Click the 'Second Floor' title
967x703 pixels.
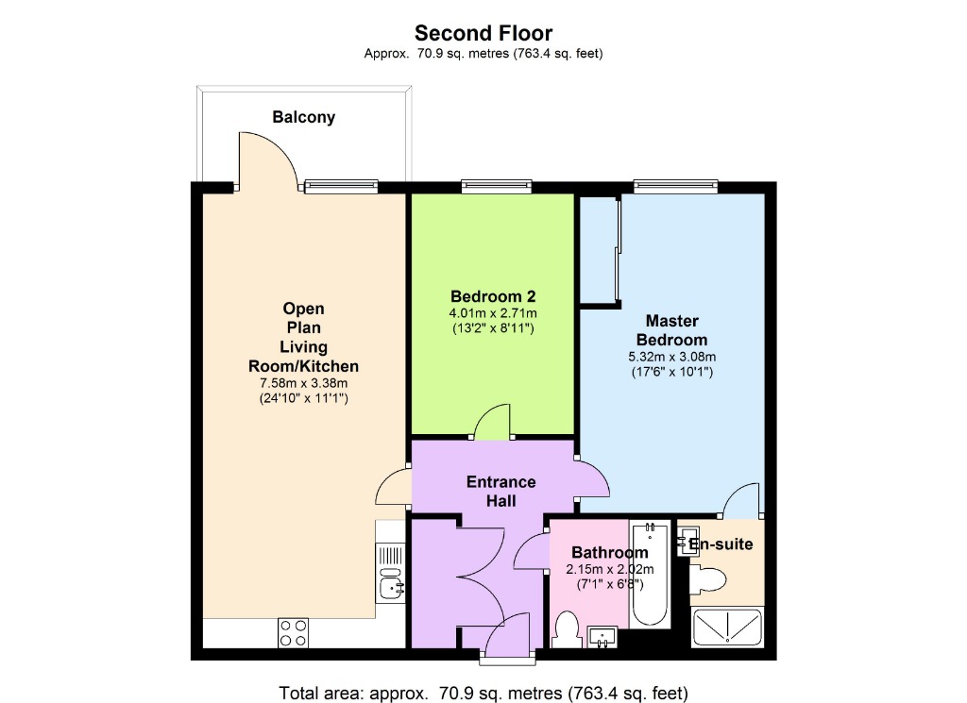tap(483, 34)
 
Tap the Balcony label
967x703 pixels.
tap(303, 118)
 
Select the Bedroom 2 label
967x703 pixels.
tap(493, 294)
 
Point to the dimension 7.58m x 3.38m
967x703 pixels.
tap(303, 382)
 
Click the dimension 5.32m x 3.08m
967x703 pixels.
tap(671, 357)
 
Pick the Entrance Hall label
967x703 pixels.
tap(500, 491)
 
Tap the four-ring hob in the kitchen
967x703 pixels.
tap(293, 631)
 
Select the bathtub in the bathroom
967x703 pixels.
tap(650, 575)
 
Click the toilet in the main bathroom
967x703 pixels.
tap(567, 628)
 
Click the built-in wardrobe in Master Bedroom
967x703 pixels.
tap(599, 250)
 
